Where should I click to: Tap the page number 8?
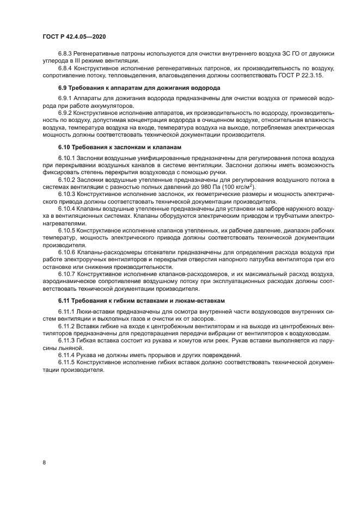(x=44, y=462)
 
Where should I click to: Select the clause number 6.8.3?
(x=66, y=54)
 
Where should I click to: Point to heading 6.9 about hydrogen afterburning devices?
(x=139, y=88)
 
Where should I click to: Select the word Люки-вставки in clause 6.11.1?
(x=95, y=311)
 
